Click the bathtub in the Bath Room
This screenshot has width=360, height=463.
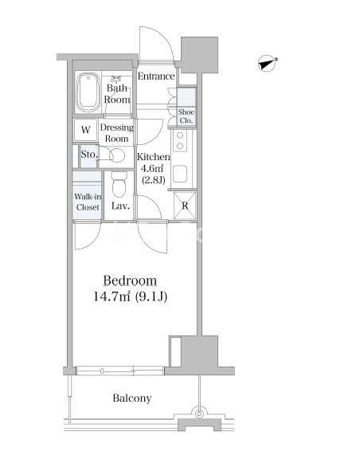click(88, 92)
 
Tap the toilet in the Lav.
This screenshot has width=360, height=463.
click(119, 183)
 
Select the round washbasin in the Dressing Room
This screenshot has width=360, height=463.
click(117, 155)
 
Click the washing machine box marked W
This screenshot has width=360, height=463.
click(85, 130)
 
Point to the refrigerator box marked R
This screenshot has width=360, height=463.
click(185, 206)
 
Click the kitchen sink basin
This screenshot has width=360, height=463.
click(180, 174)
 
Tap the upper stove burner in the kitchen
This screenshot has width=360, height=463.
click(180, 135)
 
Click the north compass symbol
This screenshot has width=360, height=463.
click(267, 63)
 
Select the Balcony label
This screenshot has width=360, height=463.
click(132, 398)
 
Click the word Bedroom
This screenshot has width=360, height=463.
click(130, 281)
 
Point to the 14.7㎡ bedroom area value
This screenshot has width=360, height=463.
click(112, 296)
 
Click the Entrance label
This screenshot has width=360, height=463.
click(156, 77)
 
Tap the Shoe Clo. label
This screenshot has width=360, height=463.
click(186, 116)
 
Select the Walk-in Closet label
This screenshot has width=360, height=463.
click(88, 202)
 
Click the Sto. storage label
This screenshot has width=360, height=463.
click(89, 154)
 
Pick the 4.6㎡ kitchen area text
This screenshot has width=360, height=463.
click(152, 169)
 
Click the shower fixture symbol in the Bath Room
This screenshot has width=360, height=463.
click(116, 79)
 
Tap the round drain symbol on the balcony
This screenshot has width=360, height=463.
click(199, 414)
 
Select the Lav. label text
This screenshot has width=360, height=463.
click(120, 206)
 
